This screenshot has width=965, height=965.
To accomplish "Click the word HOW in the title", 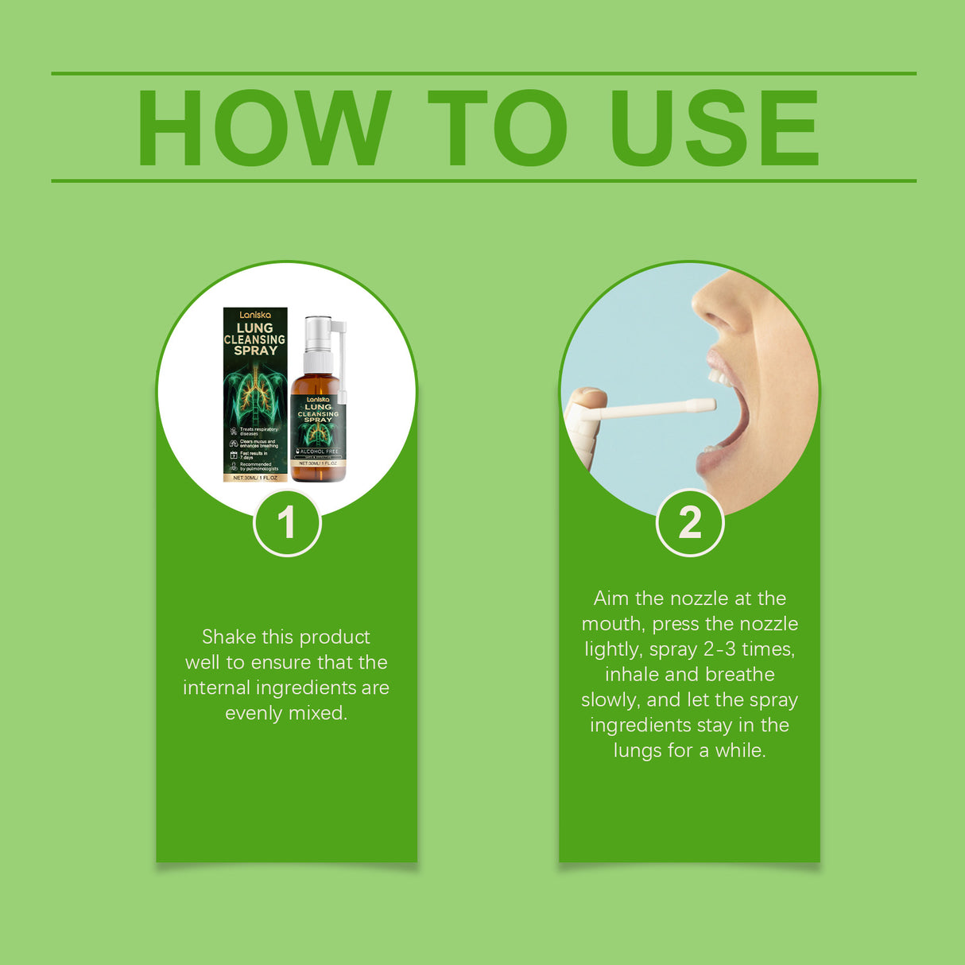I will [264, 128].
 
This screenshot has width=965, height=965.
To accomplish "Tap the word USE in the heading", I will [713, 128].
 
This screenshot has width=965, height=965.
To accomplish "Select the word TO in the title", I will [498, 128].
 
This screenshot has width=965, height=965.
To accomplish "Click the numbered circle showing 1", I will [287, 523].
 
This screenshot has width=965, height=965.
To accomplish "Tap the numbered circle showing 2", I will [690, 523].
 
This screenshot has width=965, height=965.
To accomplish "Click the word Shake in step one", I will [229, 637].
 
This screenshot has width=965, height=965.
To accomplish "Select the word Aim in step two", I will [610, 599].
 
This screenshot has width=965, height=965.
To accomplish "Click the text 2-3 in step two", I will [719, 649].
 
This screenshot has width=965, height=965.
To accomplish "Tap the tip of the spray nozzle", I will [707, 405].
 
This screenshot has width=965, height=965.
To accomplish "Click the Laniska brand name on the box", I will [255, 315].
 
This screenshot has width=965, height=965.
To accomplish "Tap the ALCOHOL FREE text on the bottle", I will [319, 451].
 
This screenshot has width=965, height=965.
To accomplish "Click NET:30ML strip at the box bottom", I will [255, 478].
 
